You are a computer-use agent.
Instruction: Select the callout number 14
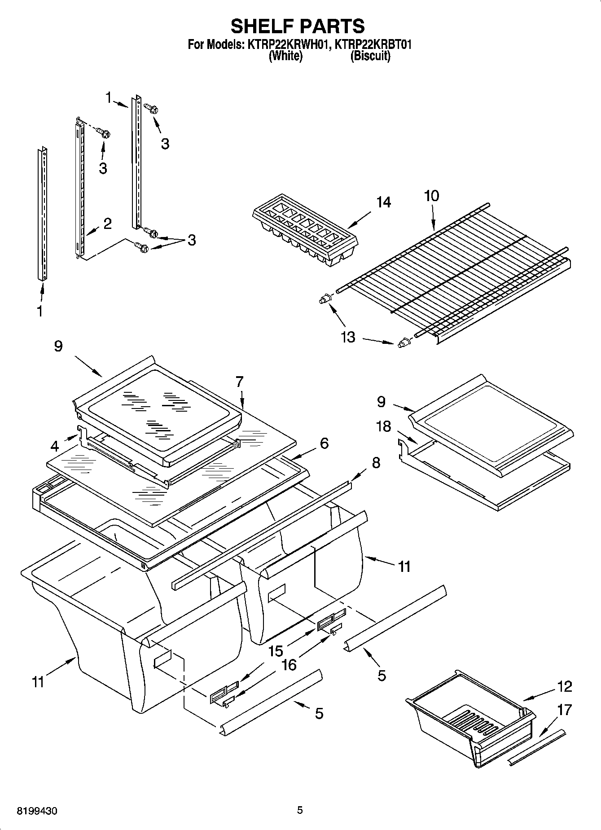[x=383, y=202]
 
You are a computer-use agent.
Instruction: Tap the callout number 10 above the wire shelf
[x=431, y=196]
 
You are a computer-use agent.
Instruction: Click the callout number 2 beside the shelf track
[x=107, y=224]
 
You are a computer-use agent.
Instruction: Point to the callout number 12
[x=565, y=686]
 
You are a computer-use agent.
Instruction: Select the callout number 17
[x=565, y=710]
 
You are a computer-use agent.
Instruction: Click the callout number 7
[x=239, y=382]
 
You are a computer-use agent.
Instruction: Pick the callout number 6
[x=324, y=444]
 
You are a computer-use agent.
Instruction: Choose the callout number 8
[x=376, y=462]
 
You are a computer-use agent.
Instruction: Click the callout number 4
[x=55, y=446]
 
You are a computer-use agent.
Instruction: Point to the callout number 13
[x=348, y=337]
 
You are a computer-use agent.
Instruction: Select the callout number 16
[x=289, y=665]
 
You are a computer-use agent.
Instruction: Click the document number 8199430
[x=38, y=810]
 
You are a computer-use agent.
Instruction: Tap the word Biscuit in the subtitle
[x=370, y=56]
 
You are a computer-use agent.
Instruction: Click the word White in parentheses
[x=285, y=56]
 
